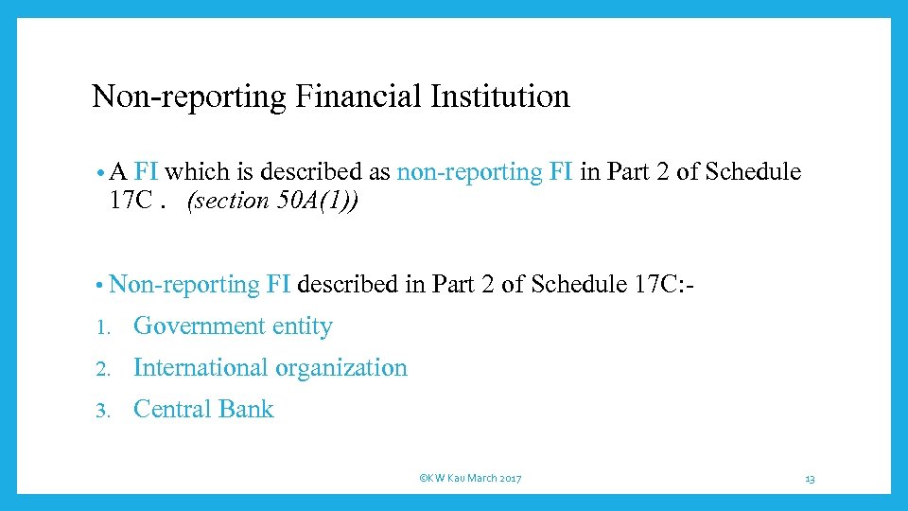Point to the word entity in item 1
(x=303, y=326)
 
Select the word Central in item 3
(x=172, y=410)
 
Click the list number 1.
(x=104, y=327)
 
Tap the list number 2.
(x=104, y=369)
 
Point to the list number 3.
(x=104, y=411)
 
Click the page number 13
(x=810, y=479)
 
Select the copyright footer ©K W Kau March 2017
(x=470, y=479)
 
